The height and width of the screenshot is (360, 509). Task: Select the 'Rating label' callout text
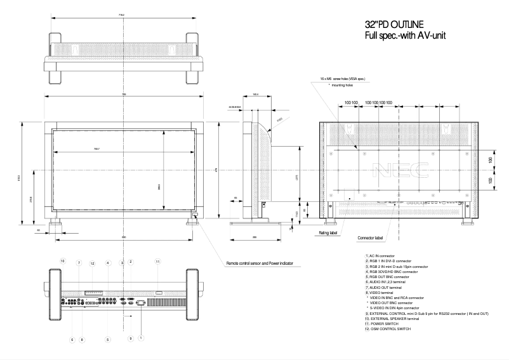327,233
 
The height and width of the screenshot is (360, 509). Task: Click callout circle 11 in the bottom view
159,261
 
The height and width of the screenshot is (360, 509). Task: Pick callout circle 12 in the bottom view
92,263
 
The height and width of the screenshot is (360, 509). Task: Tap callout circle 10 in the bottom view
63,261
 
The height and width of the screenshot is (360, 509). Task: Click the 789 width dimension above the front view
124,95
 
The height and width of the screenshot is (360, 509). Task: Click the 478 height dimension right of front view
216,170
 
